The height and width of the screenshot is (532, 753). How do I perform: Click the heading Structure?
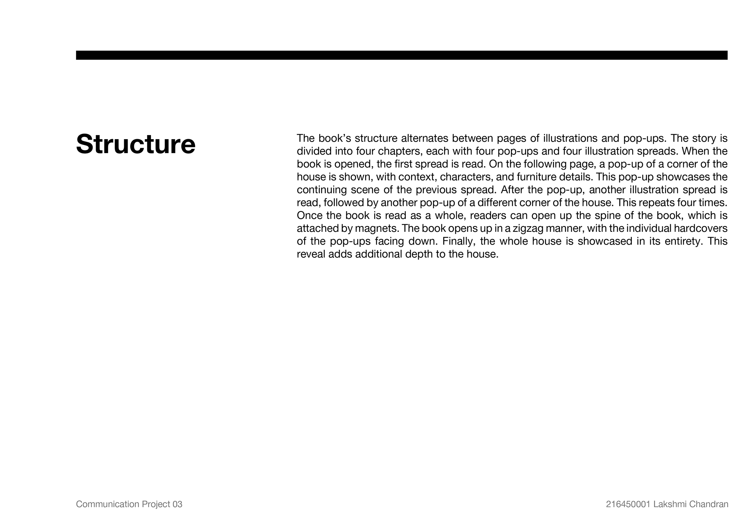coord(136,144)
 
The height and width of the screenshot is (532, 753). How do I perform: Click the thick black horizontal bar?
coord(401,55)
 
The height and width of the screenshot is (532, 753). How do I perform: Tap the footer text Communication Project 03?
coord(129,504)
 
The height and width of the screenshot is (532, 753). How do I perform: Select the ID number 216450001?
coord(628,504)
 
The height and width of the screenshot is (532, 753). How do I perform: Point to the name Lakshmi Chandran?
coord(691,504)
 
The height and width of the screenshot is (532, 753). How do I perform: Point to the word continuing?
coord(321,190)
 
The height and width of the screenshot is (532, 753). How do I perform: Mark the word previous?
coord(434,190)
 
